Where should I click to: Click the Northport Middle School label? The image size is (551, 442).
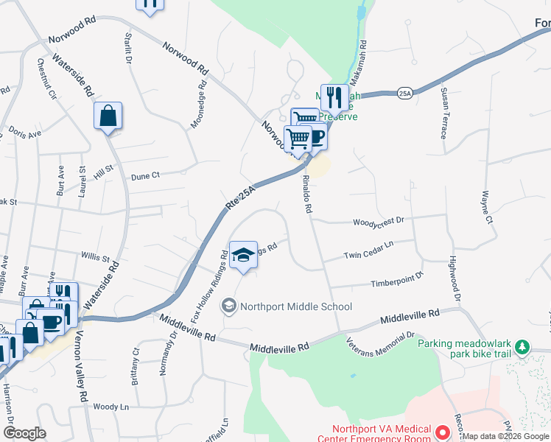click(x=295, y=306)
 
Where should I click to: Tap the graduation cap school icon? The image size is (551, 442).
click(x=243, y=256)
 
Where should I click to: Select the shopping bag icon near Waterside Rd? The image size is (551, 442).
click(x=108, y=116)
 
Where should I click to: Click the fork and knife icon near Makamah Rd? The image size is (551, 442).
click(x=334, y=97)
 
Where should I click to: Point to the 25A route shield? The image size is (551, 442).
click(x=404, y=94)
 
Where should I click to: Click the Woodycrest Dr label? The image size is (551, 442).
click(x=379, y=220)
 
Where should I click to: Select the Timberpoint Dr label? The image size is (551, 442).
click(x=398, y=279)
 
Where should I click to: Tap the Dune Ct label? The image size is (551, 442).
click(x=145, y=175)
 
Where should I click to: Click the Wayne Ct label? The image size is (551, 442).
click(x=487, y=207)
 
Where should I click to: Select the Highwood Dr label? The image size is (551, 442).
click(x=455, y=280)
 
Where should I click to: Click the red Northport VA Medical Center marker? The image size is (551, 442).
click(x=443, y=432)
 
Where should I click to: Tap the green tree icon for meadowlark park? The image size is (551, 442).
click(x=522, y=345)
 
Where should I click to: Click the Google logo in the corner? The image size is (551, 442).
click(x=24, y=433)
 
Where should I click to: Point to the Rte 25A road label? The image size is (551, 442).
click(x=242, y=198)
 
